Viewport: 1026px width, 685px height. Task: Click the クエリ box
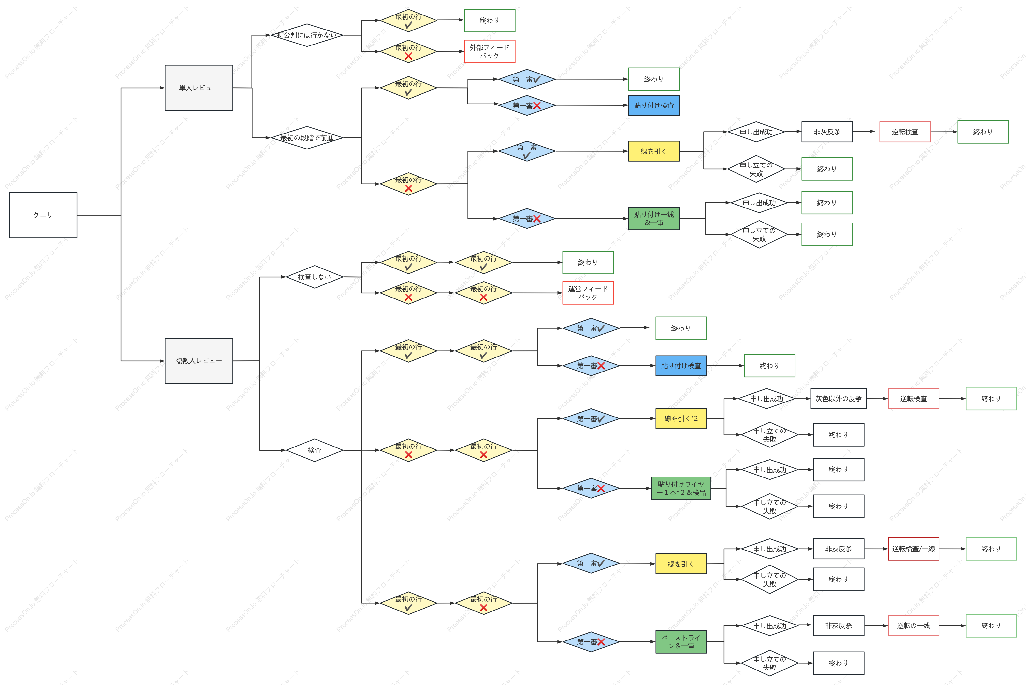pyautogui.click(x=43, y=215)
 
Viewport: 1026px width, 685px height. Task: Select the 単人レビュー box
pyautogui.click(x=199, y=88)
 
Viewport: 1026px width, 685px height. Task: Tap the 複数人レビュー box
pyautogui.click(x=199, y=361)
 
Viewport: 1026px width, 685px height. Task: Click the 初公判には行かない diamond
pyautogui.click(x=307, y=35)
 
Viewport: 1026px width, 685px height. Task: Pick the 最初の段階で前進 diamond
pyautogui.click(x=307, y=138)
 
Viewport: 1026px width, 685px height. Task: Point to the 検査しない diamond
pyautogui.click(x=314, y=277)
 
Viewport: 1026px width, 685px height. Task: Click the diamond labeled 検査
pyautogui.click(x=314, y=450)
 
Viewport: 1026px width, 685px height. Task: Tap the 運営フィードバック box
pyautogui.click(x=588, y=293)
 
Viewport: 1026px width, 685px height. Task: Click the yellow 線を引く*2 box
pyautogui.click(x=681, y=418)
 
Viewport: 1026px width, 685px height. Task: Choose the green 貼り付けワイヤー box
pyautogui.click(x=681, y=488)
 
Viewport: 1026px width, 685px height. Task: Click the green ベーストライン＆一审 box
pyautogui.click(x=681, y=642)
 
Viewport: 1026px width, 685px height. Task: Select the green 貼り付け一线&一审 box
pyautogui.click(x=654, y=218)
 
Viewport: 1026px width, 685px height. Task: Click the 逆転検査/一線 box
pyautogui.click(x=913, y=549)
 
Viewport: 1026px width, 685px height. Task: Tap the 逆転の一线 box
pyautogui.click(x=913, y=625)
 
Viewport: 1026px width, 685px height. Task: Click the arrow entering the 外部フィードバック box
pyautogui.click(x=450, y=52)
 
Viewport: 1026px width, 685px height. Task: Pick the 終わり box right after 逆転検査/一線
pyautogui.click(x=991, y=549)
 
